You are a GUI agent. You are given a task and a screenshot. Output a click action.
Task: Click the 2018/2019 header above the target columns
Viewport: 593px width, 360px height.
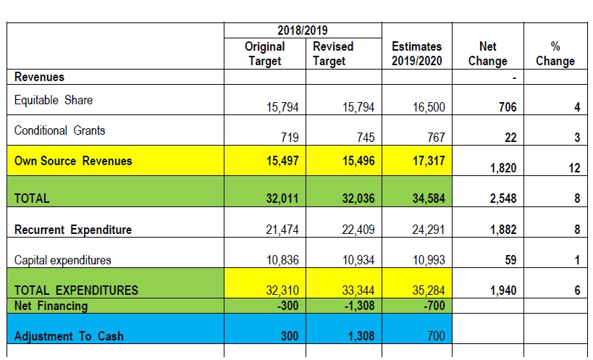click(303, 30)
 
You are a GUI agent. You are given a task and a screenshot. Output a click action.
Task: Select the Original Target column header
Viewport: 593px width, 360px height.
click(265, 54)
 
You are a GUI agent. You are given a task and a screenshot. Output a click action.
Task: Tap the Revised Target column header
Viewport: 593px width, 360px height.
click(333, 54)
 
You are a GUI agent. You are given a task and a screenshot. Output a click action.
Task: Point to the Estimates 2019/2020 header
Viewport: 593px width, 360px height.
click(417, 54)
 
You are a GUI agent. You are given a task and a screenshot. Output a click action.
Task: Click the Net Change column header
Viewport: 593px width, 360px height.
click(488, 54)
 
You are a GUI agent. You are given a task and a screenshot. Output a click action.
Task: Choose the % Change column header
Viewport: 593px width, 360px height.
click(555, 54)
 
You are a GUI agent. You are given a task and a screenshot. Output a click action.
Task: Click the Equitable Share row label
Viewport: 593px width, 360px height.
click(54, 100)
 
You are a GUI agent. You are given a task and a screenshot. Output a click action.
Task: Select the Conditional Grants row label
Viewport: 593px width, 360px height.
click(60, 130)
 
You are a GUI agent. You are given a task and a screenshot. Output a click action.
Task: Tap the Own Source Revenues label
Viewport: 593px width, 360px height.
click(73, 161)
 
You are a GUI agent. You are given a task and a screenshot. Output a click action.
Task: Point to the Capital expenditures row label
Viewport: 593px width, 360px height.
click(63, 260)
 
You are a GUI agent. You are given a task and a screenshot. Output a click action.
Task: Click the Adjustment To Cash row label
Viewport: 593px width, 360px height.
click(69, 336)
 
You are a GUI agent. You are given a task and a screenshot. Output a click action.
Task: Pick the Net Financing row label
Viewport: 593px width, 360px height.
click(51, 306)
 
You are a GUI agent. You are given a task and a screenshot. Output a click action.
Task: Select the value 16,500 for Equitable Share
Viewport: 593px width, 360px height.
click(429, 107)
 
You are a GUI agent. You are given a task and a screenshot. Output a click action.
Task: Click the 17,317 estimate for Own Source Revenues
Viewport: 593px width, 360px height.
click(429, 161)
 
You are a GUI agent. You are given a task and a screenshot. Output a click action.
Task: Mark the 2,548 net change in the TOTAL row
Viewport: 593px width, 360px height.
click(503, 198)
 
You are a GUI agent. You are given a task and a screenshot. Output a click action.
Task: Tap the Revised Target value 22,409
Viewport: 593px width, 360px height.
click(358, 230)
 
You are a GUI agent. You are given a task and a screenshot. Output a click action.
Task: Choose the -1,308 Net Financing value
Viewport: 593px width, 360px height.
click(359, 306)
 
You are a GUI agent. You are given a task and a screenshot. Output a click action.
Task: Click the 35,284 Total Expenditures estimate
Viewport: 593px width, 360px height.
click(429, 290)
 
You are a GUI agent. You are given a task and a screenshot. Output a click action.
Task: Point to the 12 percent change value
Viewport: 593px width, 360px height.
click(574, 168)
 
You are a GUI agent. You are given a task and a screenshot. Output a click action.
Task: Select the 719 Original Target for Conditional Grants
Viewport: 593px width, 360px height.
click(290, 138)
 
